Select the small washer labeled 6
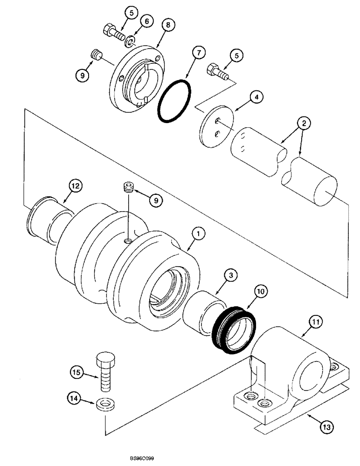click(x=129, y=42)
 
